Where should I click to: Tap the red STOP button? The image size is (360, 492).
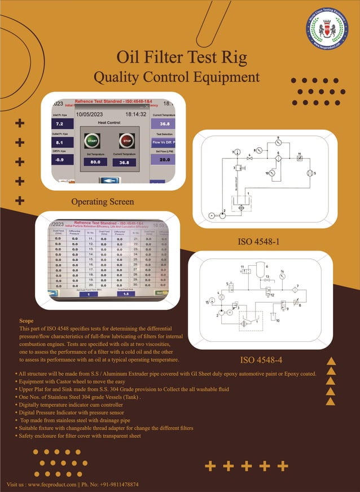click(126, 140)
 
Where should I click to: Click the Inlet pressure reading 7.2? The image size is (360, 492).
click(59, 123)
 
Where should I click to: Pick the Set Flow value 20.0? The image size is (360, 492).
click(164, 160)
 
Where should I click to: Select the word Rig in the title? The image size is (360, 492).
click(232, 58)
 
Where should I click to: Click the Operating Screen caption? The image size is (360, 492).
click(103, 202)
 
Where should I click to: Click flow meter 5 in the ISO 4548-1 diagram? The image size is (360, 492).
click(308, 173)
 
